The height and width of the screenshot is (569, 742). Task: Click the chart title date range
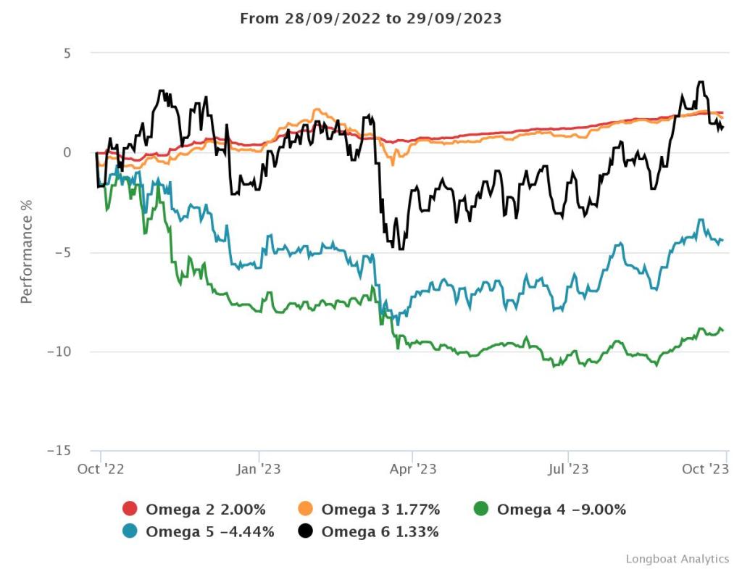pyautogui.click(x=370, y=19)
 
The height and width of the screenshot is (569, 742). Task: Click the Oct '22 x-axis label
pyautogui.click(x=101, y=469)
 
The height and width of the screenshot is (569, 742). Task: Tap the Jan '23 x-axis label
pyautogui.click(x=259, y=469)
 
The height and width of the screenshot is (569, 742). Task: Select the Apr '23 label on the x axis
pyautogui.click(x=412, y=469)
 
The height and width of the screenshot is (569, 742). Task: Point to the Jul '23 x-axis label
pyautogui.click(x=568, y=469)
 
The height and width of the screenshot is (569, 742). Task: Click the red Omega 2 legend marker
pyautogui.click(x=130, y=510)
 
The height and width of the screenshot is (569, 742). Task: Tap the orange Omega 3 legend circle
pyautogui.click(x=306, y=510)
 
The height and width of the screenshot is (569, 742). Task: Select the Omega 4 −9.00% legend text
pyautogui.click(x=561, y=510)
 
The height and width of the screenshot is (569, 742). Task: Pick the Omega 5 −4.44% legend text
pyautogui.click(x=210, y=532)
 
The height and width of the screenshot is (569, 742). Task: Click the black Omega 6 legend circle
pyautogui.click(x=306, y=532)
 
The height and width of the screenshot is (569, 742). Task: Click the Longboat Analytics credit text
pyautogui.click(x=677, y=559)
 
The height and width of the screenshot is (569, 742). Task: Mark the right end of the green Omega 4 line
pyautogui.click(x=723, y=331)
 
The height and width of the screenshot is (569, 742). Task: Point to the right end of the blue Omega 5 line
pyautogui.click(x=723, y=240)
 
